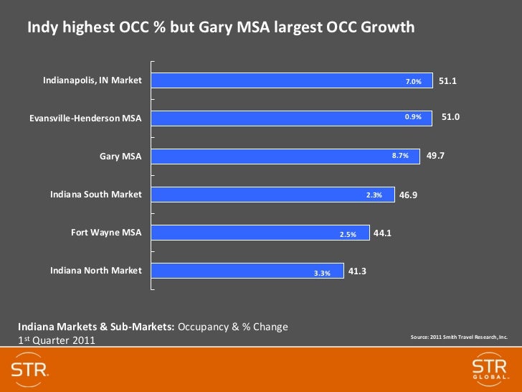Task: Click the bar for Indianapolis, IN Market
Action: coord(293,81)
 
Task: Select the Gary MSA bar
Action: coord(285,156)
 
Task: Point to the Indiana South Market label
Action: coord(95,195)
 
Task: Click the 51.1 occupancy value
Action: coord(448,81)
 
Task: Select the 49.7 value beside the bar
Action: coord(436,154)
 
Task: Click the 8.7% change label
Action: coord(400,155)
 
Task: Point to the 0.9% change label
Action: coord(413,116)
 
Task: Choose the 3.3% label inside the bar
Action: coord(322,273)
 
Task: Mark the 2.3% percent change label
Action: coord(374,195)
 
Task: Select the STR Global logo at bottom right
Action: coord(489,371)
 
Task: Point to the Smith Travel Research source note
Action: coord(458,336)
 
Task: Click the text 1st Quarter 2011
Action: coord(56,340)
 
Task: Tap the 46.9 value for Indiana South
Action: coord(409,194)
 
